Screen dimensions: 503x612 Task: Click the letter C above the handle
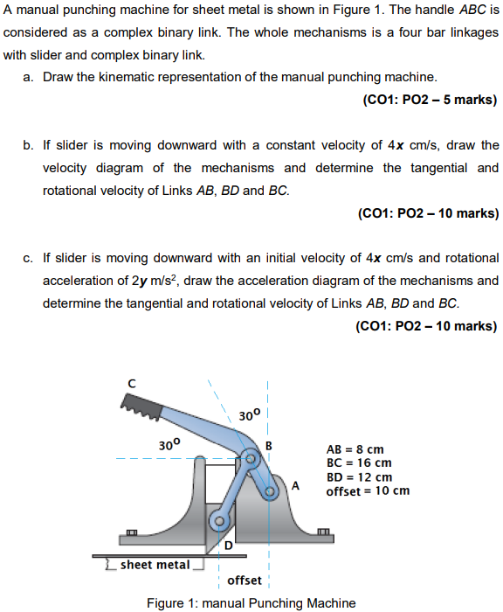[x=132, y=382]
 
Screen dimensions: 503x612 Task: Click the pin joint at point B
[x=252, y=457]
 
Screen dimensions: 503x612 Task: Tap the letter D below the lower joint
[x=229, y=546]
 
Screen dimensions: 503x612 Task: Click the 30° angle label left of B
[x=169, y=444]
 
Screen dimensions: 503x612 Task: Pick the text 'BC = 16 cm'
[x=359, y=463]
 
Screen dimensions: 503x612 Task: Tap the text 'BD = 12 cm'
[x=359, y=477]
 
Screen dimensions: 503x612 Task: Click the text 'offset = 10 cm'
[x=368, y=491]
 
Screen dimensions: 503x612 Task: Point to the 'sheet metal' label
[x=155, y=564]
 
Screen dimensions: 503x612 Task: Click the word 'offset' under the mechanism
[x=245, y=581]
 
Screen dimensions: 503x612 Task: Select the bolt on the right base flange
[x=323, y=532]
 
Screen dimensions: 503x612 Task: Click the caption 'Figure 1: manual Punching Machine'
[x=251, y=603]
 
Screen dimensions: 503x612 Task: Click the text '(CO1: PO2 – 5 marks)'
[x=430, y=100]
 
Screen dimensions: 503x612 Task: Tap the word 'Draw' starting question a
[x=58, y=77]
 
